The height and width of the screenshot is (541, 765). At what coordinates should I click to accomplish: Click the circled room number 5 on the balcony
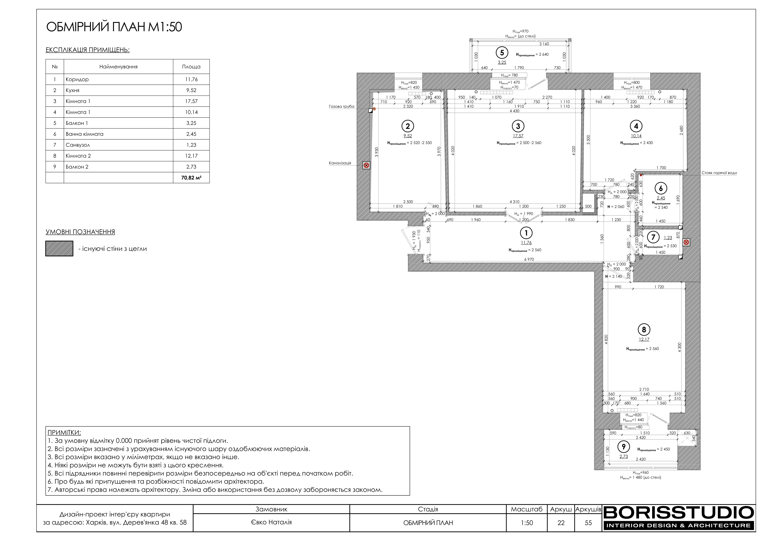502,53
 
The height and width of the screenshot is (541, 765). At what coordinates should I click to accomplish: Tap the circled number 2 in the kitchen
408,126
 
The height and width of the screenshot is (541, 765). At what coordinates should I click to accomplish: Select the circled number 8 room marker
644,330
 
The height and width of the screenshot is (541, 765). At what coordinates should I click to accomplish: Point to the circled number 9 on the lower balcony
623,447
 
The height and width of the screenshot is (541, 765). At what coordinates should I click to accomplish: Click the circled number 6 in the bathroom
661,188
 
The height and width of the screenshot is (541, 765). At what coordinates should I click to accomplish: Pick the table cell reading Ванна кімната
85,134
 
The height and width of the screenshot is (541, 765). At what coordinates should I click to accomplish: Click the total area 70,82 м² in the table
191,178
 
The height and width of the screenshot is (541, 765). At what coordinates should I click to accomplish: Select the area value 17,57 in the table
191,101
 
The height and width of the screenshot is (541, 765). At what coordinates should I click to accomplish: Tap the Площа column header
191,67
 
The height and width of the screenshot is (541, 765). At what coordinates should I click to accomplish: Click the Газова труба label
342,107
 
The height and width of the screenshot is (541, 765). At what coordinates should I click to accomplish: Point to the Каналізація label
340,163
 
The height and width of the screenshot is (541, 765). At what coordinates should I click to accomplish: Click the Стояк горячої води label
719,173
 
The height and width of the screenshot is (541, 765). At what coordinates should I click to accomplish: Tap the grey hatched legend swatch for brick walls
59,249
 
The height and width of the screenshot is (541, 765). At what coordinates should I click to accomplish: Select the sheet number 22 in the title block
561,523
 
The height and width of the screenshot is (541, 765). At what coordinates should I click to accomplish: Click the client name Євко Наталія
271,522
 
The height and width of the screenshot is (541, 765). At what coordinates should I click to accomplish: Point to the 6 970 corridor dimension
529,259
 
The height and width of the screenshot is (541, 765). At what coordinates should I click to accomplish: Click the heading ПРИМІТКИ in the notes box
64,433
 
